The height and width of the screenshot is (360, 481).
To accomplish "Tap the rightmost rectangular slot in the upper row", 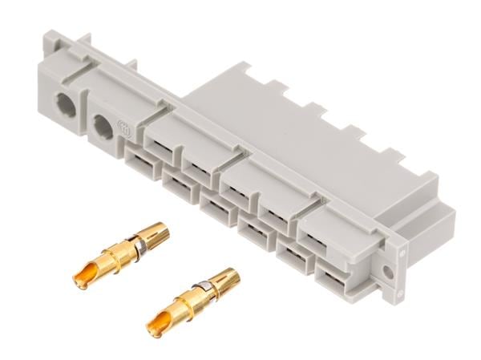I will [314, 232].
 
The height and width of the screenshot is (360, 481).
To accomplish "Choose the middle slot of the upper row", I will [238, 186].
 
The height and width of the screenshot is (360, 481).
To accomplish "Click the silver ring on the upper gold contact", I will [139, 243].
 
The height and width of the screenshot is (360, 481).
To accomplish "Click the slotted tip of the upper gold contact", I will [156, 233].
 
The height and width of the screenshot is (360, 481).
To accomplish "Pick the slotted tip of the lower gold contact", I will [226, 279].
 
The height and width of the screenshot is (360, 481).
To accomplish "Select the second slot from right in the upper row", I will [275, 208].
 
